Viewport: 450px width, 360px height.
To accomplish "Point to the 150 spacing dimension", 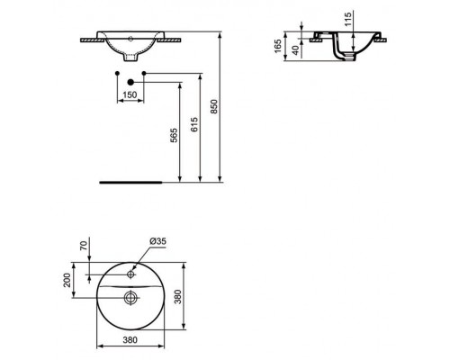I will click(130, 93).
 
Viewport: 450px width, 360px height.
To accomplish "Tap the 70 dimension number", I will click(84, 244).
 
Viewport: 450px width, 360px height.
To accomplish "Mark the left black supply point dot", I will click(118, 72).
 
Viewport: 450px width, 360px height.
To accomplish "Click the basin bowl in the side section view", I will click(342, 45).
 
